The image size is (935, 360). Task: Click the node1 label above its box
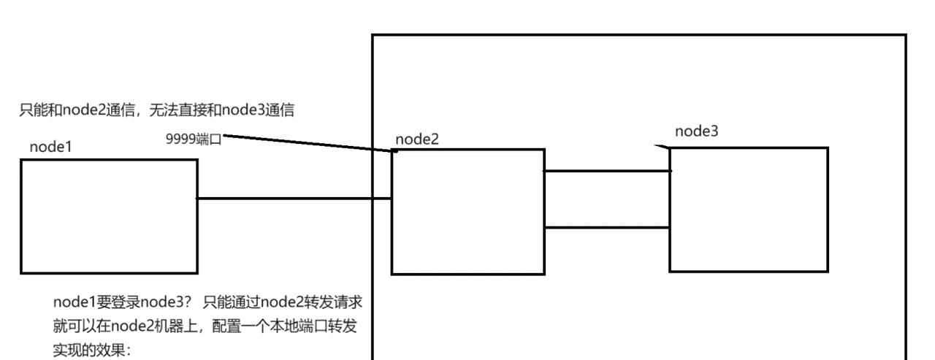coord(50,147)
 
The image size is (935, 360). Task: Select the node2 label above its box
coord(417,139)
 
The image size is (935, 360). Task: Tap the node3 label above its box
coord(696,131)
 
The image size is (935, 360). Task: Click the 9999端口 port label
coord(194,139)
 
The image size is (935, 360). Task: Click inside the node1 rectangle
coord(108,215)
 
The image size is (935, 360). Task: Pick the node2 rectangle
coord(467,212)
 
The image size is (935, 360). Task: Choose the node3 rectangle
coord(748,210)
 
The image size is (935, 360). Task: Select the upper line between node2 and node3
coord(607,172)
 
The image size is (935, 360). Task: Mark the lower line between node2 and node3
coord(607,227)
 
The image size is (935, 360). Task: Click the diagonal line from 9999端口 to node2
coord(307,143)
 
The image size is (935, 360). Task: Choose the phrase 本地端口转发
coord(321,326)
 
